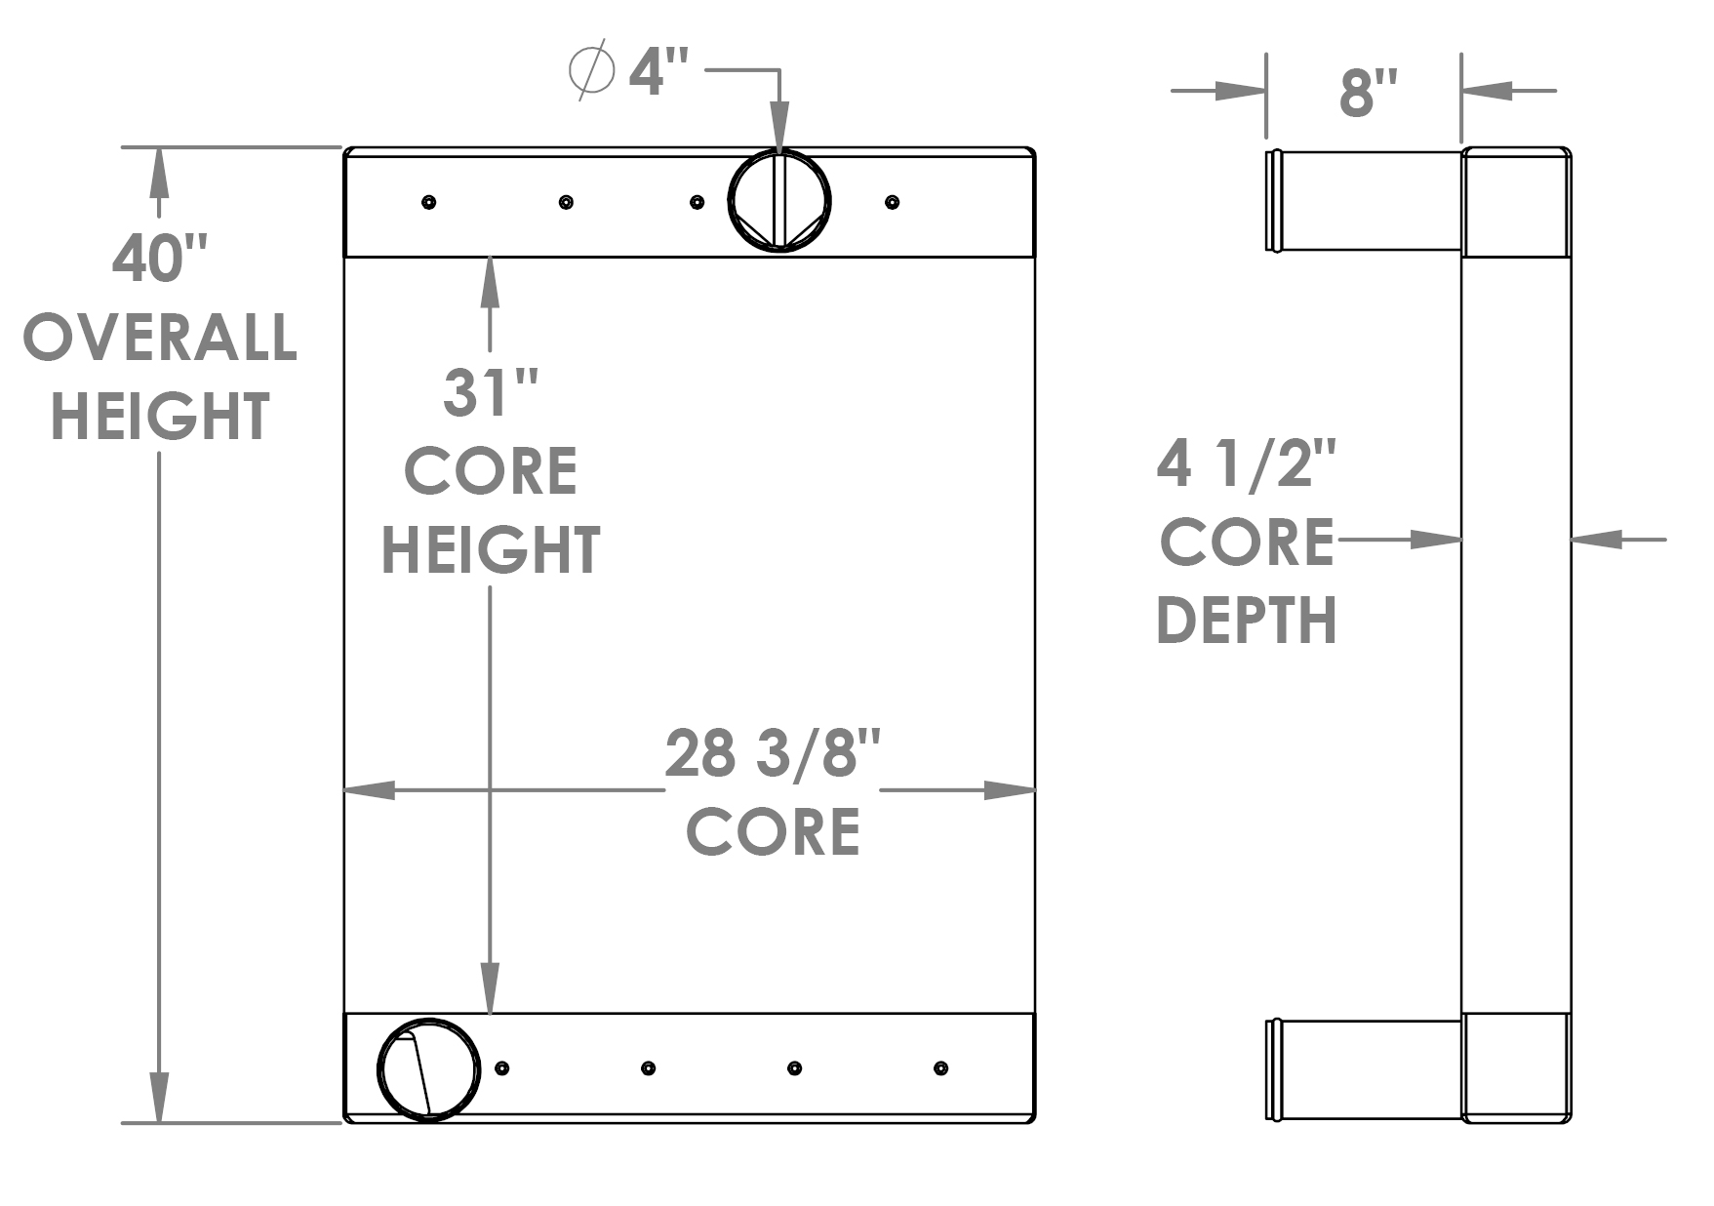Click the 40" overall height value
159,260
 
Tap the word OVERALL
159,338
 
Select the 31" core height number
490,393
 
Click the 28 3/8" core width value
773,754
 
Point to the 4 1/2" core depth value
1246,463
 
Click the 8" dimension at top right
1368,94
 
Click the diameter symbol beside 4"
591,69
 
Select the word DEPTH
1246,621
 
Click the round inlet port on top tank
779,201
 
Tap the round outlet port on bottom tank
428,1069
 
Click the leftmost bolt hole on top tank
428,202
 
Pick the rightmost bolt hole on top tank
892,202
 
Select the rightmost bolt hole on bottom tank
940,1068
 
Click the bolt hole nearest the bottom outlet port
501,1068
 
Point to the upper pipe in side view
1366,201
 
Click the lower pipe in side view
1366,1069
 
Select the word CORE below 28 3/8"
773,832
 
